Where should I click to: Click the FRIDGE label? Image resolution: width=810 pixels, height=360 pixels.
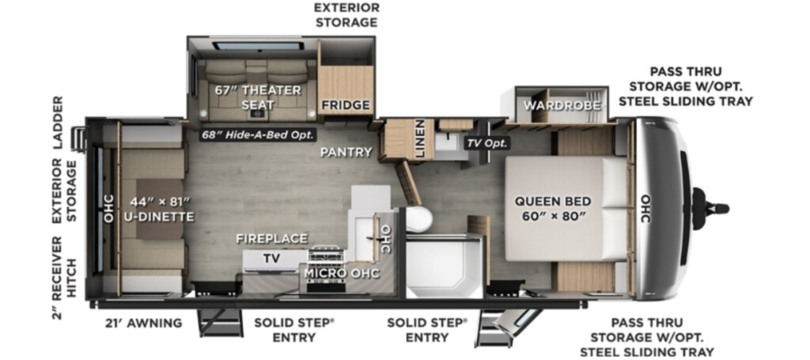pyautogui.click(x=346, y=105)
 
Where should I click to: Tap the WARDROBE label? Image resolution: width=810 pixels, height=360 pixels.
pyautogui.click(x=562, y=105)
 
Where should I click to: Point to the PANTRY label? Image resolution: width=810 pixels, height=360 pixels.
pyautogui.click(x=346, y=152)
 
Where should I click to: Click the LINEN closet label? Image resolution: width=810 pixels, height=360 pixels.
pyautogui.click(x=420, y=138)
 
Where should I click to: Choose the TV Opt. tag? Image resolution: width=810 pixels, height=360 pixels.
pyautogui.click(x=487, y=143)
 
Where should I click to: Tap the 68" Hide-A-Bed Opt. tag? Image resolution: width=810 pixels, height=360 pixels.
pyautogui.click(x=258, y=135)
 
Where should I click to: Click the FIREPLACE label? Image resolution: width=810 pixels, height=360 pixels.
pyautogui.click(x=272, y=238)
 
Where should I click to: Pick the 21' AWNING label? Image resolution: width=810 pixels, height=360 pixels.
pyautogui.click(x=143, y=323)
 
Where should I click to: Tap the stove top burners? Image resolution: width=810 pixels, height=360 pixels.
pyautogui.click(x=326, y=255)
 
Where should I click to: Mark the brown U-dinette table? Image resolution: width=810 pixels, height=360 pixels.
pyautogui.click(x=160, y=209)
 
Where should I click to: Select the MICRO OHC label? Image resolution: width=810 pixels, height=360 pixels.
pyautogui.click(x=341, y=272)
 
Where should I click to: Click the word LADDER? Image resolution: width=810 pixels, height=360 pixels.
pyautogui.click(x=57, y=123)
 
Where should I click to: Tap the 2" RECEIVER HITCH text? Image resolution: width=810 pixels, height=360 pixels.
pyautogui.click(x=63, y=278)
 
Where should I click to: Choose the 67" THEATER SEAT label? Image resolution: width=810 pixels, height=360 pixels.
pyautogui.click(x=258, y=97)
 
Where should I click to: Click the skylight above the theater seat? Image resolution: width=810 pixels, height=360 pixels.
pyautogui.click(x=258, y=47)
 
